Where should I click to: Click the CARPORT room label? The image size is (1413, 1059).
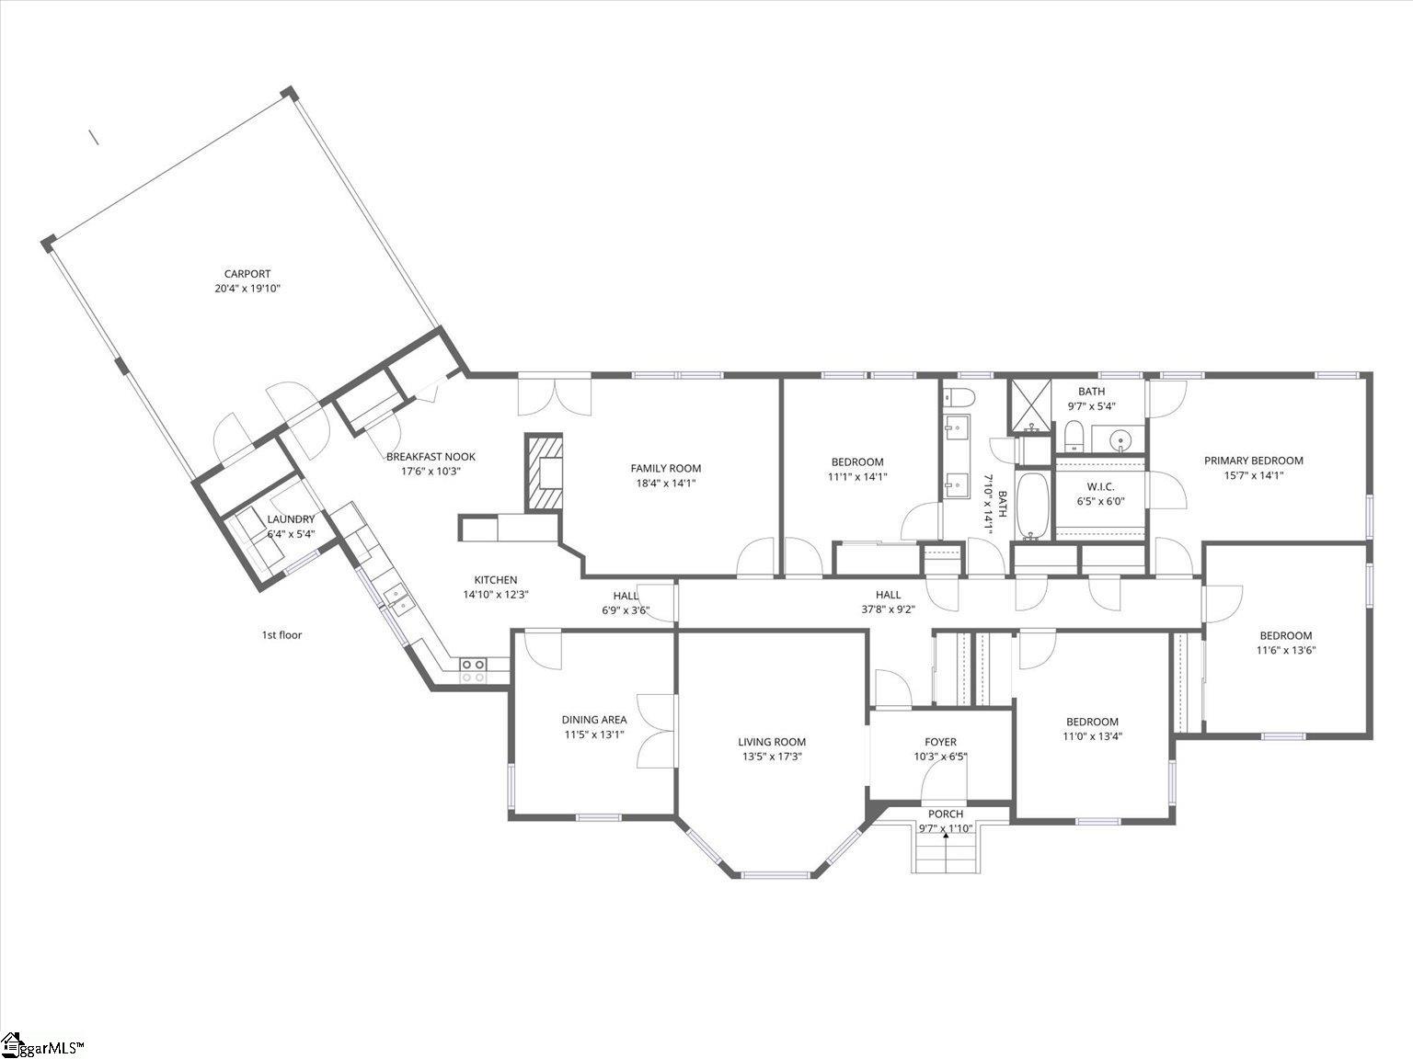pyautogui.click(x=247, y=274)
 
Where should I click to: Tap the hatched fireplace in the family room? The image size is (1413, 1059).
pyautogui.click(x=544, y=473)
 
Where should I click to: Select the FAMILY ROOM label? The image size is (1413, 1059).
pyautogui.click(x=666, y=468)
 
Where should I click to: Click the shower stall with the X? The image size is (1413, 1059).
pyautogui.click(x=1030, y=405)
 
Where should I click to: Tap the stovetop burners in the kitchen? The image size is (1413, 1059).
pyautogui.click(x=473, y=670)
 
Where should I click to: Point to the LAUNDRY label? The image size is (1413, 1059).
pyautogui.click(x=291, y=519)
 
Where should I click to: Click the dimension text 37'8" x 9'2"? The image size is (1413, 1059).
pyautogui.click(x=888, y=609)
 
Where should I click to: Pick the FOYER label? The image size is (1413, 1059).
pyautogui.click(x=940, y=742)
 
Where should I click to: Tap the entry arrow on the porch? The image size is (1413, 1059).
pyautogui.click(x=946, y=836)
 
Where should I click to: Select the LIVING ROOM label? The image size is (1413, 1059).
pyautogui.click(x=772, y=742)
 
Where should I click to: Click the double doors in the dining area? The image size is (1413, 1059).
pyautogui.click(x=657, y=731)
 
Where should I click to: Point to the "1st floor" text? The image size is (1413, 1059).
pyautogui.click(x=281, y=635)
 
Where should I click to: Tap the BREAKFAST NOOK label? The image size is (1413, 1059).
pyautogui.click(x=431, y=457)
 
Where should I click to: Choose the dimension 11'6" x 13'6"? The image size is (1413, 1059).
pyautogui.click(x=1285, y=650)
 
